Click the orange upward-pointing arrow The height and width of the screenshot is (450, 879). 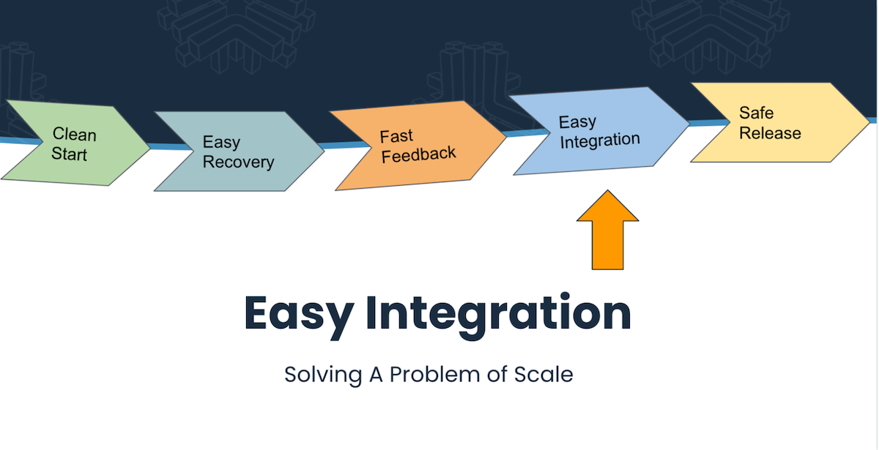click(x=607, y=230)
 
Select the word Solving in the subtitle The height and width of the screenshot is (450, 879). click(x=323, y=374)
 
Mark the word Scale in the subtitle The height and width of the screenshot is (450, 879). click(x=543, y=374)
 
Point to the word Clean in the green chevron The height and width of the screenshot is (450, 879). click(x=74, y=135)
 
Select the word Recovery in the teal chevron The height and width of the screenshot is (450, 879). click(x=238, y=162)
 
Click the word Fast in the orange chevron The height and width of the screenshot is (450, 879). click(x=396, y=136)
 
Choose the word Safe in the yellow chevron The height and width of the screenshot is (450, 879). click(x=756, y=113)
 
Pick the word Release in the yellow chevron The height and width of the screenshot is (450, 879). click(x=770, y=133)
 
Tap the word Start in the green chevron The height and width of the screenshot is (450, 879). click(x=69, y=154)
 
